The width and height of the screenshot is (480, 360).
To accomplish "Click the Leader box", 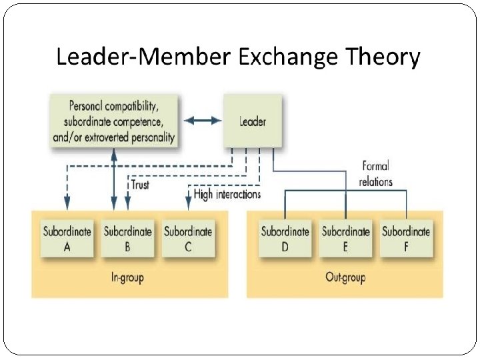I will (x=252, y=121).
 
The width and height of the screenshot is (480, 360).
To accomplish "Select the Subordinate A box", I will (x=67, y=239).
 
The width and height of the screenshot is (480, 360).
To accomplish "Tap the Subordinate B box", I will (x=127, y=239).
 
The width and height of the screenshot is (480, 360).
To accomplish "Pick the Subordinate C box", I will (x=188, y=239).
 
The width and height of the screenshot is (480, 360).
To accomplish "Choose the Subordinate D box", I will (x=285, y=239).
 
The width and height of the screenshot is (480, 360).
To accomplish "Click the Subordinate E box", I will (x=345, y=239).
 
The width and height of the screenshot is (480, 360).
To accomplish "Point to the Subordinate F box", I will (x=405, y=239).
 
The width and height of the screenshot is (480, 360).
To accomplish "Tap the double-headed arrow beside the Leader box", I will (x=201, y=121).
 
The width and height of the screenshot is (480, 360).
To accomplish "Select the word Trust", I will (x=140, y=185).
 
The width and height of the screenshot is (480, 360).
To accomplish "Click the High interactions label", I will (x=227, y=195).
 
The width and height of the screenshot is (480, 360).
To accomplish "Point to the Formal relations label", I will (x=375, y=173).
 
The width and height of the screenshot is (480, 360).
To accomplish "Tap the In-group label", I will (x=127, y=277).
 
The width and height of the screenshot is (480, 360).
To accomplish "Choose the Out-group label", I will (x=345, y=277).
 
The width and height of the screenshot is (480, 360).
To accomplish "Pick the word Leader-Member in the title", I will (x=143, y=57).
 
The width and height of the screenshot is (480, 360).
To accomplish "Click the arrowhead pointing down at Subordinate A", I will (x=67, y=201).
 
